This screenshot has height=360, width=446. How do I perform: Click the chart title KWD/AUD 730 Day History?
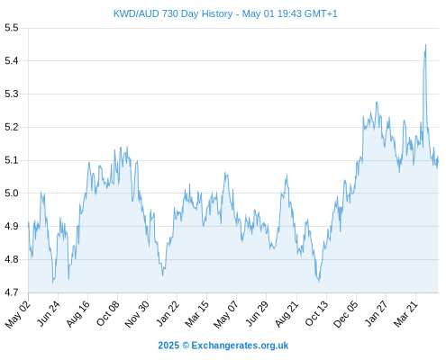[173, 13]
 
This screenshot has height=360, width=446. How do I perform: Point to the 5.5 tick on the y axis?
[12, 28]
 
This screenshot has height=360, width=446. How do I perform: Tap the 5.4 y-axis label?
[12, 61]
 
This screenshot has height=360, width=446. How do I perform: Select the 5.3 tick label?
[12, 94]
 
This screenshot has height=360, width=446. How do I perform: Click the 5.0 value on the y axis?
[12, 193]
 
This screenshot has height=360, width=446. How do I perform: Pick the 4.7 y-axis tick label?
[12, 292]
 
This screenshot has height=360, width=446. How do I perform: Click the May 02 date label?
[18, 314]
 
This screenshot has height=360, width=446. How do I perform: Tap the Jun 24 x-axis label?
[49, 313]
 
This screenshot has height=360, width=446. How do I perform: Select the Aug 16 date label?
[78, 313]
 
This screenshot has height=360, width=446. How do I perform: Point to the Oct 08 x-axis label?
[108, 313]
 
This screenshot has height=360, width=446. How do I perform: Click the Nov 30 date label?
[137, 314]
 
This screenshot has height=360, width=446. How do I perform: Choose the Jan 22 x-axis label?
[168, 313]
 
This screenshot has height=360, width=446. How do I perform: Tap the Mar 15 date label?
[196, 313]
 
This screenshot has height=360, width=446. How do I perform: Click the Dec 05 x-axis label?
[346, 314]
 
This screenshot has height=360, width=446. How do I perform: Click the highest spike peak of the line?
[425, 45]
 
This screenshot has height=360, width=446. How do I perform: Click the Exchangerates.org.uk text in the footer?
[240, 346]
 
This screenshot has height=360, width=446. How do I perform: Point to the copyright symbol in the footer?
[186, 346]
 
